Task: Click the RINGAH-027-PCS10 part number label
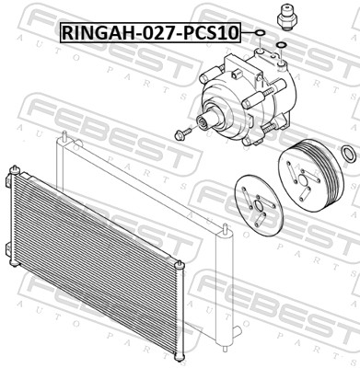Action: tap(150, 32)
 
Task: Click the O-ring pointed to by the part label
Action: tap(261, 32)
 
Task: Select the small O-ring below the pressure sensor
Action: tap(281, 46)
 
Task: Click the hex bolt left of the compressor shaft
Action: tap(182, 133)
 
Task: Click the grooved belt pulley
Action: tap(309, 175)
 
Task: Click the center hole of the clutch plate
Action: tap(259, 207)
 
